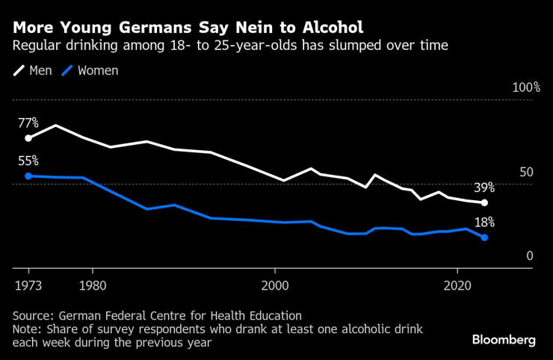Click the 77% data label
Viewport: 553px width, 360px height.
click(28, 122)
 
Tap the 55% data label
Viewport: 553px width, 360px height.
click(28, 161)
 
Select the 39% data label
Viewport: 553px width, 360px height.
click(484, 187)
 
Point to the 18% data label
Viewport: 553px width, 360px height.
click(484, 222)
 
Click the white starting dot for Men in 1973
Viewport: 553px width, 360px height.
click(28, 138)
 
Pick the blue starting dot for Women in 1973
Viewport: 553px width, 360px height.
click(28, 176)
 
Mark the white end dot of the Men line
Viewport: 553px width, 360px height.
click(484, 202)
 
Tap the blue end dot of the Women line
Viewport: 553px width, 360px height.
click(484, 238)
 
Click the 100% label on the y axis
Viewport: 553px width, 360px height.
click(525, 87)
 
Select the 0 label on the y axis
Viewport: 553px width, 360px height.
click(529, 256)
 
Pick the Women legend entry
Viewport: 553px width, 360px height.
click(90, 71)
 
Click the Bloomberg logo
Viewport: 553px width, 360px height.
click(503, 340)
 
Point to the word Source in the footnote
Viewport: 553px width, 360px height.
click(32, 316)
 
